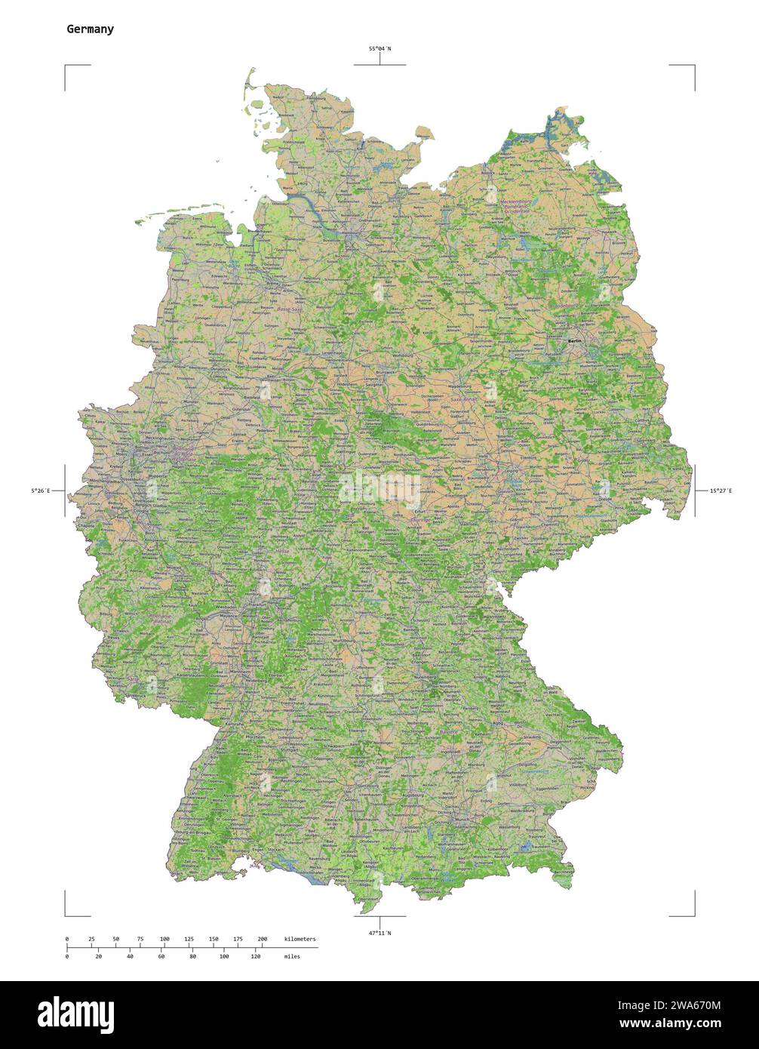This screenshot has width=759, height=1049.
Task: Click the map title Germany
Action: (x=91, y=29)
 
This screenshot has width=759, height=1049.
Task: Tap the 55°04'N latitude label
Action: (x=379, y=49)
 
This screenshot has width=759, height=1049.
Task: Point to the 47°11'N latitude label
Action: (x=379, y=934)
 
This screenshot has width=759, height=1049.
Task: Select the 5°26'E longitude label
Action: (x=41, y=491)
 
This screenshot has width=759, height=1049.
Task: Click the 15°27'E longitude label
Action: (x=720, y=491)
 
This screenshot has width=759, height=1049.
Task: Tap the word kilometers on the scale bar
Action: (x=300, y=939)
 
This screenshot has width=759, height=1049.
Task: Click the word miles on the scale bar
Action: (x=292, y=956)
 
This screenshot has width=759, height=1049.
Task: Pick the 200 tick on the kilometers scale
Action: (x=262, y=939)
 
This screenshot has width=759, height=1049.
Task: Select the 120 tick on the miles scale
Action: (x=255, y=956)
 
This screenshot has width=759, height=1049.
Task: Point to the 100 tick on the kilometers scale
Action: (x=164, y=939)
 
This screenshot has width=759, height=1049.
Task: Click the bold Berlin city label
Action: (x=575, y=342)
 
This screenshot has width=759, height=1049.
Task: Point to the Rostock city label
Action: (x=489, y=173)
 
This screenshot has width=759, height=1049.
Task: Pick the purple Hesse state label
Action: (x=282, y=552)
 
